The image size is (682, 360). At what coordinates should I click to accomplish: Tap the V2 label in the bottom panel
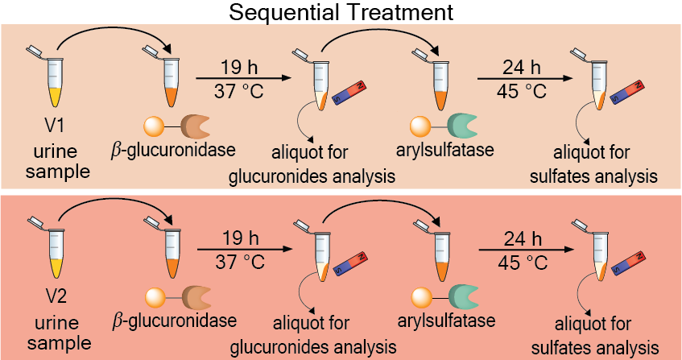[x=55, y=295]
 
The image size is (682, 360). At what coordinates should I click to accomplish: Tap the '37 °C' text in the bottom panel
[x=239, y=263]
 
